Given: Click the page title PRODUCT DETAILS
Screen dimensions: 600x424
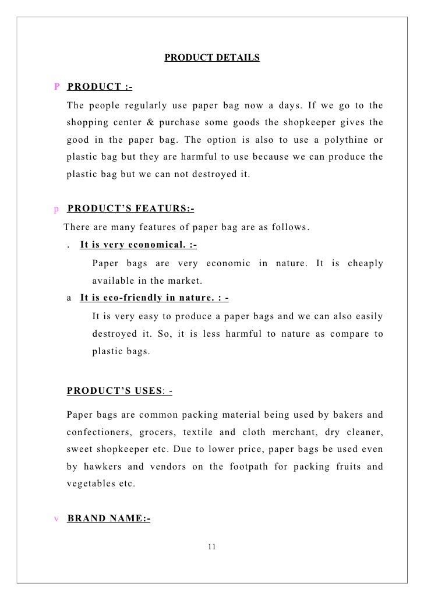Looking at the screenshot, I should click(x=212, y=58).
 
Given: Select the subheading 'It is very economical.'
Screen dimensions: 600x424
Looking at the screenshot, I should click(x=138, y=245).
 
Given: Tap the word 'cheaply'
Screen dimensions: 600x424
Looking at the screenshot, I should click(x=365, y=263).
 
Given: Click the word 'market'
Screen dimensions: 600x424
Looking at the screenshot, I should click(x=184, y=281).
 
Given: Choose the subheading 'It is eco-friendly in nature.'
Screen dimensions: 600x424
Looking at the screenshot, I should click(x=154, y=299).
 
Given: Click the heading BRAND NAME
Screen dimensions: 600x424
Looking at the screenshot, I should click(x=109, y=517).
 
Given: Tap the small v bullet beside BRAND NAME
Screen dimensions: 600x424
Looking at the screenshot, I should click(x=56, y=517).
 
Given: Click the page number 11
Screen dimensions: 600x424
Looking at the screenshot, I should click(x=211, y=546).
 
